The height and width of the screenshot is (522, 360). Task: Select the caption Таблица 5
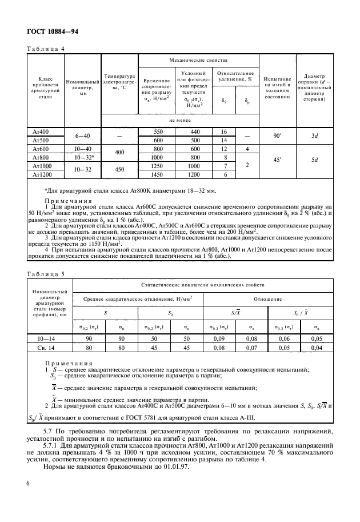[x=46, y=273]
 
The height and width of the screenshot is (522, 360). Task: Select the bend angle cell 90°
[x=277, y=136]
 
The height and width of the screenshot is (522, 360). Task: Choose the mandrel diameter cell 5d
[x=314, y=161]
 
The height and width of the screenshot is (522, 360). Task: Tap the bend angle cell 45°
[x=277, y=161]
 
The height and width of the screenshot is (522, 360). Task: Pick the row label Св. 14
[x=50, y=347]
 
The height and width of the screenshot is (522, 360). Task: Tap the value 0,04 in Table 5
[x=317, y=347]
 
